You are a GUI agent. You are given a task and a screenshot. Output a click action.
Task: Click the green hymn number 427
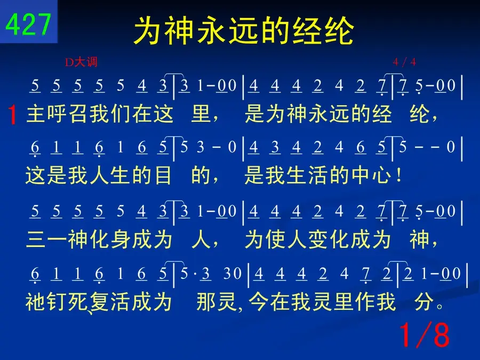[x=28, y=25]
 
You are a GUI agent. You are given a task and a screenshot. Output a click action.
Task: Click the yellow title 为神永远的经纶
[x=244, y=30]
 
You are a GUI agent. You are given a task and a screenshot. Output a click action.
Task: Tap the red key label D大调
[x=81, y=62]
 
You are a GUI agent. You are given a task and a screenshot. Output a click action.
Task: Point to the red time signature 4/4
[x=404, y=62]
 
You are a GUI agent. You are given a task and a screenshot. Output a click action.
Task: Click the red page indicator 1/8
[x=425, y=334]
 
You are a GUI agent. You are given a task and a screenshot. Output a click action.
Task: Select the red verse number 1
[x=12, y=115]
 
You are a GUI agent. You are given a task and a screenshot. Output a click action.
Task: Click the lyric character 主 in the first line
[x=37, y=114]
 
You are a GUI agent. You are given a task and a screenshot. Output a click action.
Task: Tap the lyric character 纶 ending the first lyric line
[x=419, y=114]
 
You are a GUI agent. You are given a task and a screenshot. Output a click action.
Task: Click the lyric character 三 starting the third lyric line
[x=36, y=239]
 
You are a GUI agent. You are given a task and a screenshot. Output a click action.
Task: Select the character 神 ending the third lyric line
[x=419, y=239]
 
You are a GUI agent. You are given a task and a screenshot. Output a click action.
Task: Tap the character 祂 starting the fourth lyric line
[x=36, y=301]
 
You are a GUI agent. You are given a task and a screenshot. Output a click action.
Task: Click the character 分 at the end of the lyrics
[x=424, y=301]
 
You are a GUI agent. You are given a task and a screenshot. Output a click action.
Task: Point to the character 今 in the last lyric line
[x=258, y=301]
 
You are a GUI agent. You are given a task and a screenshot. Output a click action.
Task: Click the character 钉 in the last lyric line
[x=57, y=301]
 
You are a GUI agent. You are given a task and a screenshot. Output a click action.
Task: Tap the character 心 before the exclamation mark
[x=382, y=175]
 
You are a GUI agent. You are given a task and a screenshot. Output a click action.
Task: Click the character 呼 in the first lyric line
[x=58, y=114]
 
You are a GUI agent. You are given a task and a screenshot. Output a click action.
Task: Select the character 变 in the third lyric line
[x=317, y=239]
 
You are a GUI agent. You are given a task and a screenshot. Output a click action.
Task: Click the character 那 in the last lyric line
[x=206, y=301]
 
